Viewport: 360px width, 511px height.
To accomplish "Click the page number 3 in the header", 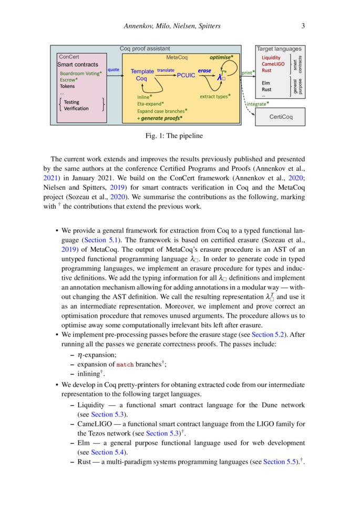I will (304, 26).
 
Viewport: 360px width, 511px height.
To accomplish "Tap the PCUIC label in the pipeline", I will (186, 75).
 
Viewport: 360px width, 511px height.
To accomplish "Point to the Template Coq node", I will (142, 75).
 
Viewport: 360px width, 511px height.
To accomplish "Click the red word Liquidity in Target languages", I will (271, 58).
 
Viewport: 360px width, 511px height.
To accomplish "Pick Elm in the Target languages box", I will (266, 83).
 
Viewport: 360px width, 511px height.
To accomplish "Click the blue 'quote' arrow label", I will (113, 69).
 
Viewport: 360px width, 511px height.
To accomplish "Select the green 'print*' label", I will (248, 73).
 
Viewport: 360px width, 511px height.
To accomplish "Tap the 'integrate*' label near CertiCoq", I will (258, 104).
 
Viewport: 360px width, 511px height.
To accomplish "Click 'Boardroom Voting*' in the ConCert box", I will (81, 74).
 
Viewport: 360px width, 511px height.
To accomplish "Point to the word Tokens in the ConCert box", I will (67, 86).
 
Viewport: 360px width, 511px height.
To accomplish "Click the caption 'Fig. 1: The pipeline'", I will (174, 136).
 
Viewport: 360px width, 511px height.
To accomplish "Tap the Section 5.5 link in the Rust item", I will (281, 462).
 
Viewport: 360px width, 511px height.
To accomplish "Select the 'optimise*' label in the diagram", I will (221, 56).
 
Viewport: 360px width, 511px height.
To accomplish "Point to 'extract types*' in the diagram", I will (215, 97).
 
